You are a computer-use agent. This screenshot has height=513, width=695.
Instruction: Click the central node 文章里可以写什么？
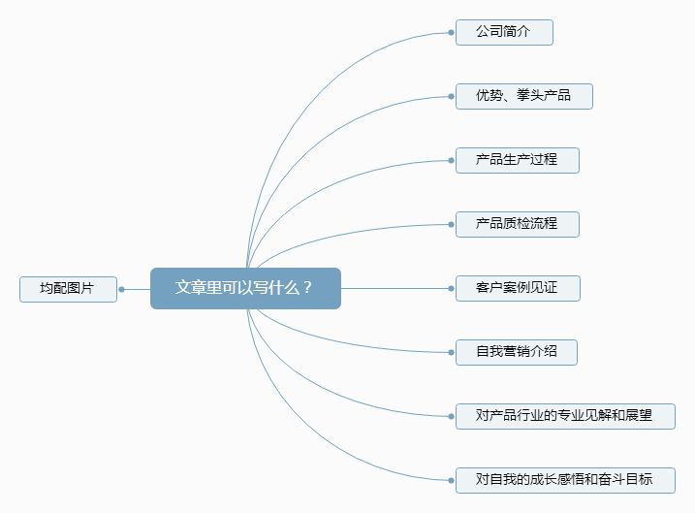pyautogui.click(x=245, y=288)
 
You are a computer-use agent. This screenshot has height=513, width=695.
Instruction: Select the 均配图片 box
pyautogui.click(x=68, y=289)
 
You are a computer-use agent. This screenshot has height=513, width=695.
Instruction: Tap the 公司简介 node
pyautogui.click(x=504, y=32)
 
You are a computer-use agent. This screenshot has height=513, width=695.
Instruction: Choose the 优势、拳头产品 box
pyautogui.click(x=524, y=96)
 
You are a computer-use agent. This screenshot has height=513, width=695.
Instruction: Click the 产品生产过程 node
pyautogui.click(x=518, y=160)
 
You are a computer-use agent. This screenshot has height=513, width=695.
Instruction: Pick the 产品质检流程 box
pyautogui.click(x=518, y=224)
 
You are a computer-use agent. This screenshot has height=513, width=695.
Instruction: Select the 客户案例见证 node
pyautogui.click(x=518, y=288)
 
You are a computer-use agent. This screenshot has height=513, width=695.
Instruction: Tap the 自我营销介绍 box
pyautogui.click(x=517, y=352)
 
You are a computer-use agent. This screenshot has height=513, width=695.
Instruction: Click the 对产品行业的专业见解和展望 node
pyautogui.click(x=565, y=416)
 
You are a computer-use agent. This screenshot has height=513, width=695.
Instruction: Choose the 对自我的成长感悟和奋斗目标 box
pyautogui.click(x=565, y=480)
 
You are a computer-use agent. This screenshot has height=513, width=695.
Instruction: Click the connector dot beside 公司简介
pyautogui.click(x=452, y=32)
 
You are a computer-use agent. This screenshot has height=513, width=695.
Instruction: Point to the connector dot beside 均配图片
pyautogui.click(x=121, y=289)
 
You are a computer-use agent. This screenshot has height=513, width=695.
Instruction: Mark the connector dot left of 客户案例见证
pyautogui.click(x=452, y=288)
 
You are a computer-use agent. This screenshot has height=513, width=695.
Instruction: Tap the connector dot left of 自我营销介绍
pyautogui.click(x=452, y=352)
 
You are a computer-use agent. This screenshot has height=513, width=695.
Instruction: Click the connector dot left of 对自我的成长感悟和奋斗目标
pyautogui.click(x=452, y=480)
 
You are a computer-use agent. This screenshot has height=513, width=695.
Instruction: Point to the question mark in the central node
pyautogui.click(x=307, y=288)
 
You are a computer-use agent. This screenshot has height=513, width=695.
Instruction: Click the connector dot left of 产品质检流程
pyautogui.click(x=452, y=224)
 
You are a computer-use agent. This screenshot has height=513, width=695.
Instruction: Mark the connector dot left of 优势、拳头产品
pyautogui.click(x=452, y=96)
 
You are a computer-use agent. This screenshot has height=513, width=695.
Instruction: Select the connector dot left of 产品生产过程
pyautogui.click(x=452, y=160)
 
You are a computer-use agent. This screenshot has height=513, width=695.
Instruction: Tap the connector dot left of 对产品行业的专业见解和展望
pyautogui.click(x=452, y=416)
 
